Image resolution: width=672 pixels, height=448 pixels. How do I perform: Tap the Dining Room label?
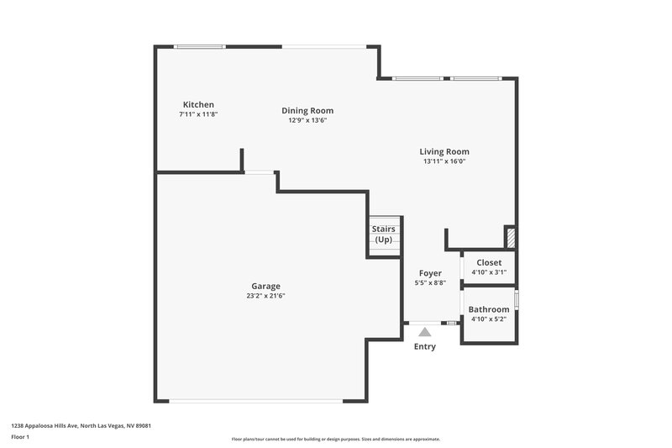tap(307, 110)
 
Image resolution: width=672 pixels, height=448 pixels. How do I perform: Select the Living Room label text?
tap(444, 151)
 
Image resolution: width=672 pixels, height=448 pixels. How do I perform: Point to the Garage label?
tap(265, 286)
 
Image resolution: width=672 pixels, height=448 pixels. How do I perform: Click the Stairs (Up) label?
tap(383, 234)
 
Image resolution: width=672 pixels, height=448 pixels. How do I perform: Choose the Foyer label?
tap(430, 273)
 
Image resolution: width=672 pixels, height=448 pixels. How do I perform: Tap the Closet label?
tap(489, 262)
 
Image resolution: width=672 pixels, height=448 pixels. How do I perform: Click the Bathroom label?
tap(489, 309)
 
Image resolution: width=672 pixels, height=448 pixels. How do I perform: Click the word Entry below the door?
tap(425, 346)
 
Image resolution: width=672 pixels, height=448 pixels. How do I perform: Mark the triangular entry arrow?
tap(425, 332)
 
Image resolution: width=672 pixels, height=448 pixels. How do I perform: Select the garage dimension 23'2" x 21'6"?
tap(265, 296)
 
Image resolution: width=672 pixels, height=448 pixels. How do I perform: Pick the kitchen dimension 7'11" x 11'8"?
tap(198, 114)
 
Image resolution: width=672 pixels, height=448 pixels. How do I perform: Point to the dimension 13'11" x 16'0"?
tap(444, 161)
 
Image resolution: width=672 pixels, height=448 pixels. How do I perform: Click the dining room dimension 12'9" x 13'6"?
tap(307, 120)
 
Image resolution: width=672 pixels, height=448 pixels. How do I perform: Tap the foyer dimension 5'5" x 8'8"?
tap(430, 283)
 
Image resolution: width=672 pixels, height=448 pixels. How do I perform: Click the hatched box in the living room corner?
tap(509, 236)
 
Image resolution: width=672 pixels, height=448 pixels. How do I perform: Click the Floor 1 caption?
tap(19, 437)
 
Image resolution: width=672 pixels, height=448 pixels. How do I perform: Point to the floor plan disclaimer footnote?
tap(335, 439)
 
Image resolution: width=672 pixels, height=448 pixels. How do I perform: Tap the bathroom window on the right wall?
tap(517, 299)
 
